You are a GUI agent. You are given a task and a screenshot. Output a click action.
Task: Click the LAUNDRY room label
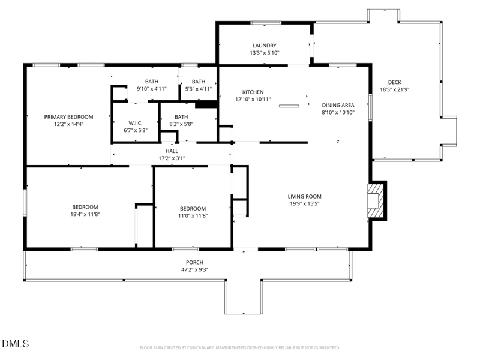[x=264, y=46]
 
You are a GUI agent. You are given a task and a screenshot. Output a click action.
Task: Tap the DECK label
[x=394, y=83]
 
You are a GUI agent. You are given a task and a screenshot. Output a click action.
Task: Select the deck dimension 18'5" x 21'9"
[x=394, y=90]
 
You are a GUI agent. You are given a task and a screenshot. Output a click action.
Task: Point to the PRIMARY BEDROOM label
[x=68, y=117]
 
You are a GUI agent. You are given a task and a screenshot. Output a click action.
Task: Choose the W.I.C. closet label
[x=135, y=123]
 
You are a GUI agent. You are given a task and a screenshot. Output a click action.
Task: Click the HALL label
[x=172, y=151]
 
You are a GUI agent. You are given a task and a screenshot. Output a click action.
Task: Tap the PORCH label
[x=194, y=262]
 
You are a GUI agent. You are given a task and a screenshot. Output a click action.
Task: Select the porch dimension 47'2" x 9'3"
[x=194, y=269]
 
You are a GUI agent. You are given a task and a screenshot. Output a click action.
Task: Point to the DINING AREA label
[x=338, y=104]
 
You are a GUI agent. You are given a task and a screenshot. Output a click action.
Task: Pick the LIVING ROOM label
[x=304, y=196]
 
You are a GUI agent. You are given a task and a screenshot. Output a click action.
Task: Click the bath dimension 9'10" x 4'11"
[x=151, y=89]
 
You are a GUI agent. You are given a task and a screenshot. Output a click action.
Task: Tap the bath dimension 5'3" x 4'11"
[x=198, y=89]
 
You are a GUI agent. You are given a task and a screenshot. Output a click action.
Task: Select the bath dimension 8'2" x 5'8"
[x=181, y=124]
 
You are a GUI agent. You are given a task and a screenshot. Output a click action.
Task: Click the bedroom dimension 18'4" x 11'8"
[x=85, y=214]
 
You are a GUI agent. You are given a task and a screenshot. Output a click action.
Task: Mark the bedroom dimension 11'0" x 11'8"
[x=193, y=216]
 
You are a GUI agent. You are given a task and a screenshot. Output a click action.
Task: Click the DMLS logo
[x=16, y=344]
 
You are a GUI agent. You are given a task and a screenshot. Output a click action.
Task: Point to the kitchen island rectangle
[x=289, y=106]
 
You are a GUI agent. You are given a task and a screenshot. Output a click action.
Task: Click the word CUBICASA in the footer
[x=200, y=347]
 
